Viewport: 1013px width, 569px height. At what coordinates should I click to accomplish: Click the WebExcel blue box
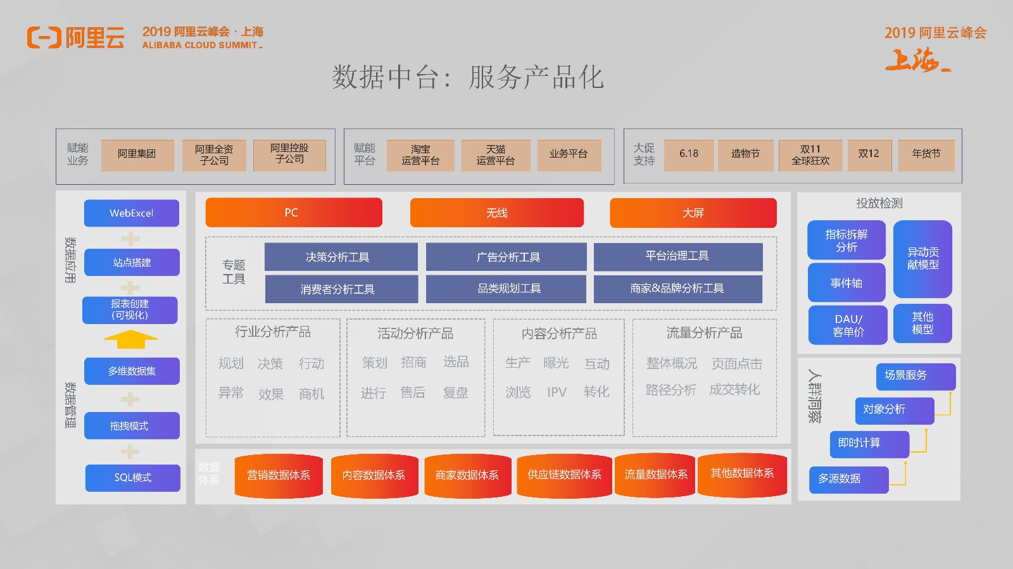click(132, 213)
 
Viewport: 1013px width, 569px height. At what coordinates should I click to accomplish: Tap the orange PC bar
click(294, 213)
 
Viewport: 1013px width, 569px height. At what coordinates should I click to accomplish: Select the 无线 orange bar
click(496, 213)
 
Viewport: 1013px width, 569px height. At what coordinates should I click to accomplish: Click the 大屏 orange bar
click(693, 213)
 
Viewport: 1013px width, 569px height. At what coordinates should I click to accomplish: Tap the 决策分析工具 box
click(341, 257)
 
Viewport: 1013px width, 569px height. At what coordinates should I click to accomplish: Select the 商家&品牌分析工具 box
click(678, 289)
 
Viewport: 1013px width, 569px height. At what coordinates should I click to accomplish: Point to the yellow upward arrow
click(130, 339)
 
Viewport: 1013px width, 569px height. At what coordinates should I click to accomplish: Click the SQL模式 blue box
click(132, 478)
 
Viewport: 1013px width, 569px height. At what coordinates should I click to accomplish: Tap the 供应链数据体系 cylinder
click(564, 475)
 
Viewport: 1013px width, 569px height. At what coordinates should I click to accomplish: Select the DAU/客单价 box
click(848, 325)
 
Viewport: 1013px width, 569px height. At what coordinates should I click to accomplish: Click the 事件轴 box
click(846, 283)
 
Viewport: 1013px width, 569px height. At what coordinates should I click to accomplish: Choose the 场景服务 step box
click(915, 377)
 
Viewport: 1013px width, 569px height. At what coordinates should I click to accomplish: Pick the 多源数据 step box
click(849, 479)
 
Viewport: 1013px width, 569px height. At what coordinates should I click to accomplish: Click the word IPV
click(557, 392)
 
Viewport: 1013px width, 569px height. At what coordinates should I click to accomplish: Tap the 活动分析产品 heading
click(415, 334)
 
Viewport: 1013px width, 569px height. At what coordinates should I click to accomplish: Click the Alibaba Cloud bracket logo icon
click(44, 37)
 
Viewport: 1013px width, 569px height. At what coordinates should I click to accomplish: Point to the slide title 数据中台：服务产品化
click(468, 77)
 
